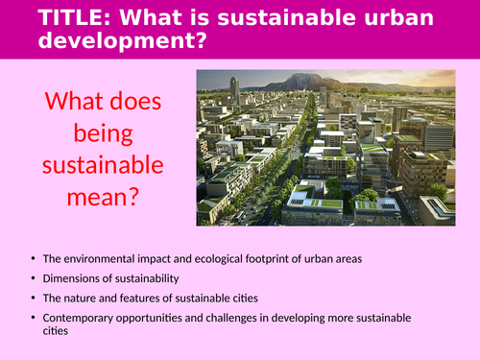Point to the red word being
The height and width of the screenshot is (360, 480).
pos(102,136)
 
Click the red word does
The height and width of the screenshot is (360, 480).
pos(135,102)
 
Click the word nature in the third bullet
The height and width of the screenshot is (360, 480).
pos(87,298)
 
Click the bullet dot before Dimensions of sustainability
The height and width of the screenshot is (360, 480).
pos(34,278)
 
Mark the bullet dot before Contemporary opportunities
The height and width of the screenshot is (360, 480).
pos(34,317)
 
